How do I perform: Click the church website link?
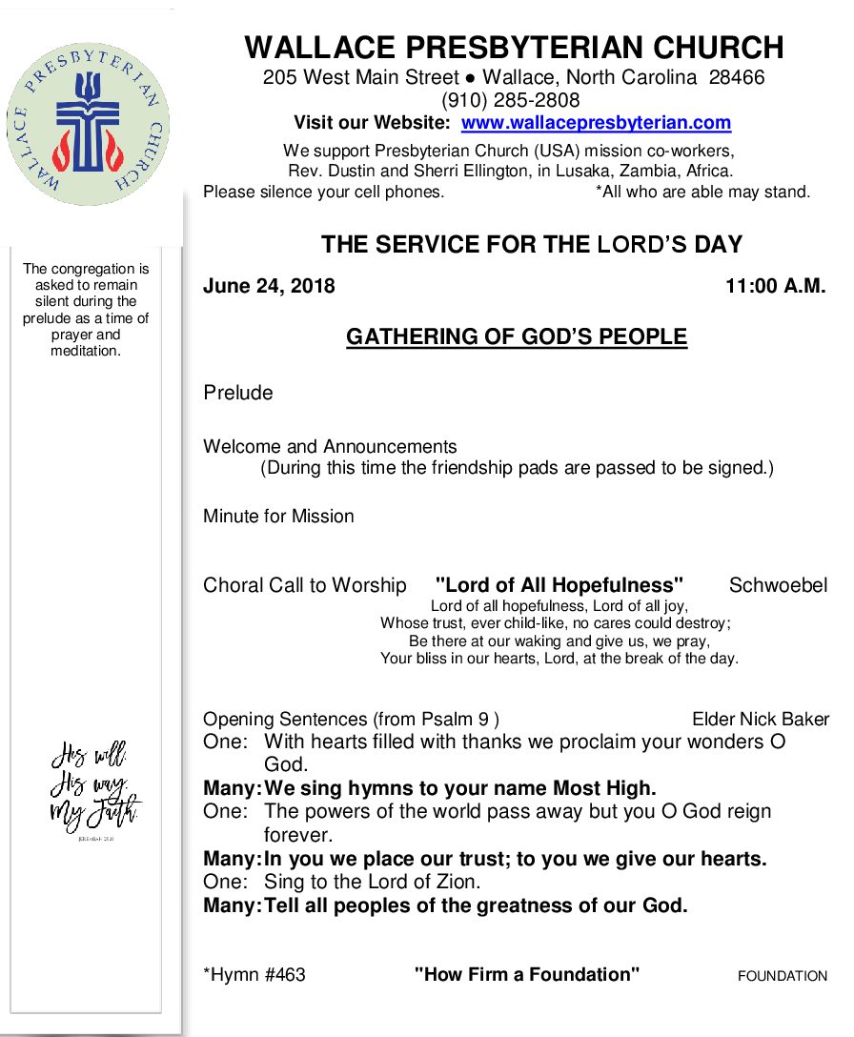[x=596, y=123]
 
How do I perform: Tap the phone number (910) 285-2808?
[x=510, y=100]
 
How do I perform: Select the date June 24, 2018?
[x=269, y=286]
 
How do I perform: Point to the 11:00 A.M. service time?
[x=775, y=286]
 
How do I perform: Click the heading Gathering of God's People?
[x=516, y=337]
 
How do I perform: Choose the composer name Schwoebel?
[x=778, y=585]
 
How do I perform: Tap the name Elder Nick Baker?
[x=760, y=720]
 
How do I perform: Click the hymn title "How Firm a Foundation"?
[x=526, y=974]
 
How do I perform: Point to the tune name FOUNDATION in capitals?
[x=783, y=976]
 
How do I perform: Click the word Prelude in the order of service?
[x=237, y=393]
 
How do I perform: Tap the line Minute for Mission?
[x=278, y=517]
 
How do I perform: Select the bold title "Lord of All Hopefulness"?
[x=559, y=585]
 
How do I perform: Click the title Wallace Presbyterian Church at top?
[x=514, y=47]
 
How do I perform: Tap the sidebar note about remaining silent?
[x=86, y=310]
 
